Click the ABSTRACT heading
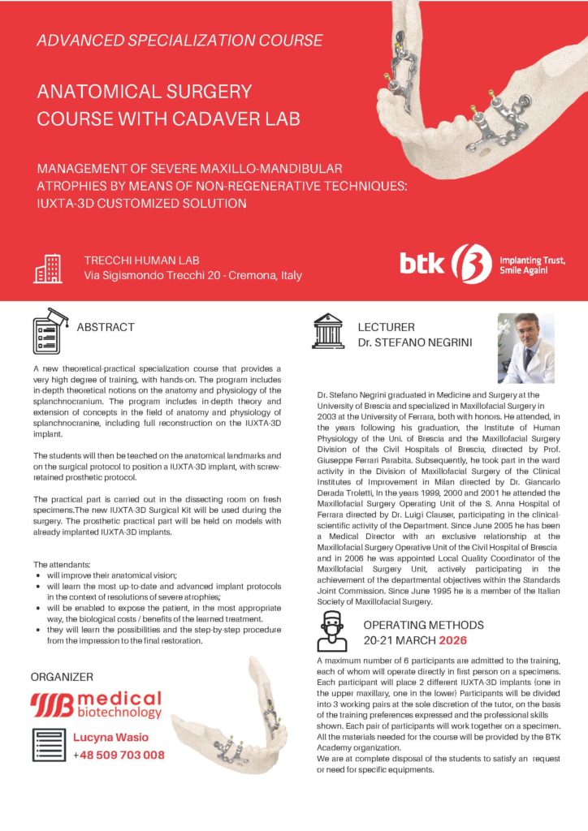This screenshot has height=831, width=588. click(x=106, y=328)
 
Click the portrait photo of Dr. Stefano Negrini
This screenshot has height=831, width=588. click(x=525, y=348)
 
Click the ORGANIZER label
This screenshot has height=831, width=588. click(x=62, y=676)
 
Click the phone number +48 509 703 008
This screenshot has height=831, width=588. click(x=119, y=755)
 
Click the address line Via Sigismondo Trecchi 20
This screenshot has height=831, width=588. click(x=193, y=276)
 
